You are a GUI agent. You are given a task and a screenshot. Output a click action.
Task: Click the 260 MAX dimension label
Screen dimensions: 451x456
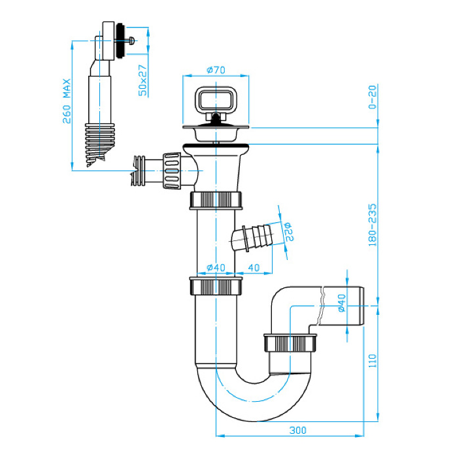coord(67,101)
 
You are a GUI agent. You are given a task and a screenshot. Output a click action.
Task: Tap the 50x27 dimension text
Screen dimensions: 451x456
coord(142,80)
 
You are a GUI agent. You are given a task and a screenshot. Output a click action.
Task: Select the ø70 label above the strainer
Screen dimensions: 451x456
coord(216,70)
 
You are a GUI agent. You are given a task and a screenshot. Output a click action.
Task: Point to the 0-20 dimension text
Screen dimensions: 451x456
coord(372,97)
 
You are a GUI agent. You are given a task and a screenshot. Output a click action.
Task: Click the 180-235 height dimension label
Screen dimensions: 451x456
coord(372,225)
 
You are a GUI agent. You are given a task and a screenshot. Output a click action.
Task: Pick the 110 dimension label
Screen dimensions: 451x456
coord(373,361)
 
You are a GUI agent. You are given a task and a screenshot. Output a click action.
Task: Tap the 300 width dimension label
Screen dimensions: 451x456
coord(297,430)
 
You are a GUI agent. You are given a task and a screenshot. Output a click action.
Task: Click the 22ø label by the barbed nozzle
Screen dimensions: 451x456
coord(289,232)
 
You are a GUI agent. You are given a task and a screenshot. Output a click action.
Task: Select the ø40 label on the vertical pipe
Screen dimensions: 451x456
coord(216,268)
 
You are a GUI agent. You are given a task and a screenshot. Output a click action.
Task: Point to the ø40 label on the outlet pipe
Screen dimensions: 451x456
coord(342,303)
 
